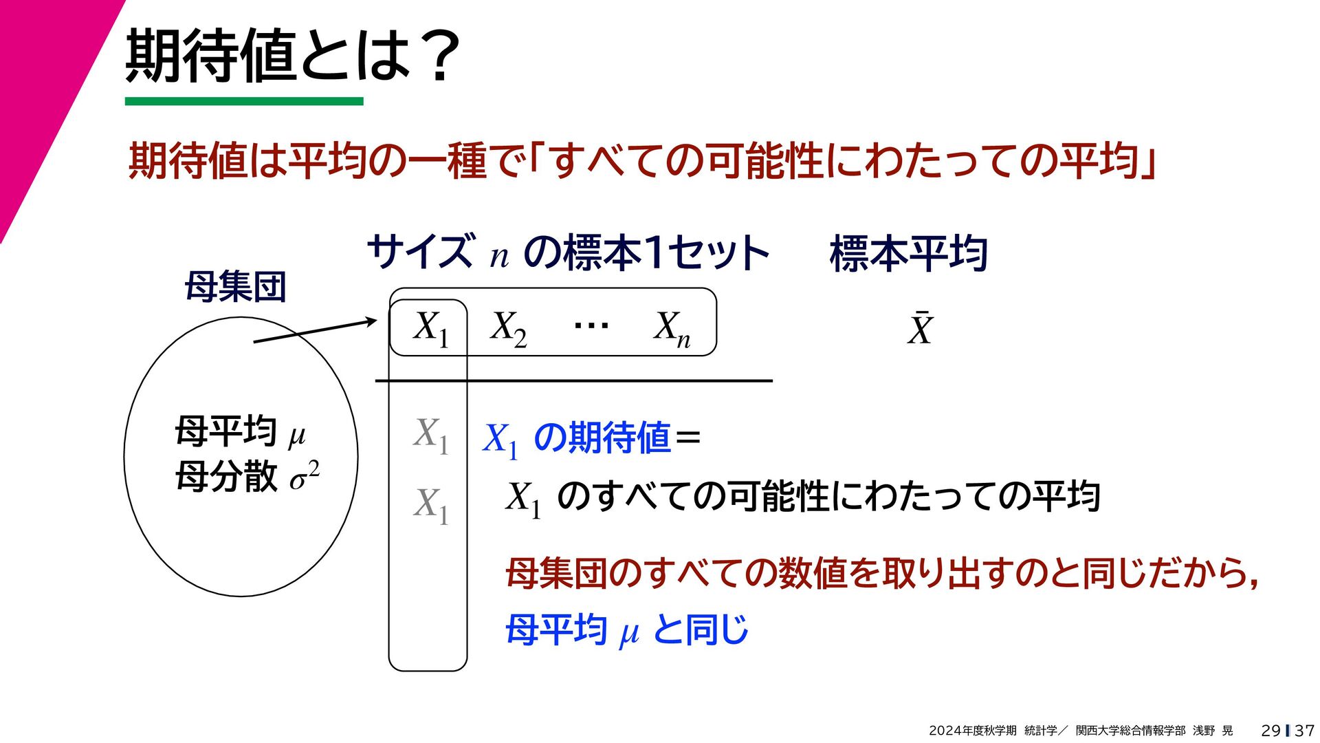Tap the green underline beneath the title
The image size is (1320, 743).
pos(244,101)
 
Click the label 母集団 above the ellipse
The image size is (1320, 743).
pos(235,287)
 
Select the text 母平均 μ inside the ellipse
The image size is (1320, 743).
pos(240,432)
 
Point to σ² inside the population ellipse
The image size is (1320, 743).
pos(305,476)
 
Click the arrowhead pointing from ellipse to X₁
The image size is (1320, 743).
pos(371,321)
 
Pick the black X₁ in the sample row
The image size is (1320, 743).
pos(431,328)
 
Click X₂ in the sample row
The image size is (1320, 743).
pos(508,328)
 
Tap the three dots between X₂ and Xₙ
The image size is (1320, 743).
pos(591,325)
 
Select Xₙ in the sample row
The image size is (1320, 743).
pos(672,329)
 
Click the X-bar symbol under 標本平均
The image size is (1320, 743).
pos(920,329)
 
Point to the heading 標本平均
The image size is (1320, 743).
pos(909,253)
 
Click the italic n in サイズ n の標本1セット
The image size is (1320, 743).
pos(499,257)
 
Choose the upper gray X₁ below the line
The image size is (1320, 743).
pos(431,435)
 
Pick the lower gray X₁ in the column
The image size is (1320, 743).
pos(431,505)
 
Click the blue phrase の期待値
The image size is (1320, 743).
pos(602,438)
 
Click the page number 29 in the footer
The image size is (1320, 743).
pos(1270,731)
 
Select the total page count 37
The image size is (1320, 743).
pos(1304,731)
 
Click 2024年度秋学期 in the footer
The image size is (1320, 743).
pos(972,731)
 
